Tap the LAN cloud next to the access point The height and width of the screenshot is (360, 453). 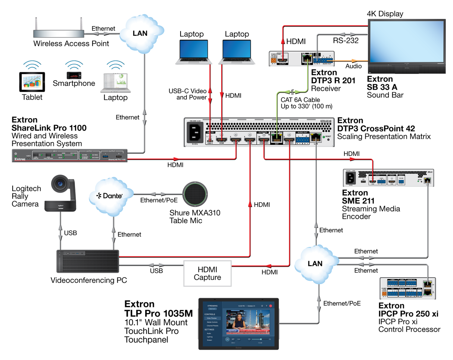[x=140, y=33]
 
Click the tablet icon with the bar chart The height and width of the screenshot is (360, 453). [x=32, y=82]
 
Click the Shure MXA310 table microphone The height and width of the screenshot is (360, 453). [x=195, y=195]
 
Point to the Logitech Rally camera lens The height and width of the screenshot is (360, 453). [x=60, y=184]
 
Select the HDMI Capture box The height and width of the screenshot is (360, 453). [x=207, y=273]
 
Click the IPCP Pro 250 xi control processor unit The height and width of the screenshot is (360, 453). [x=407, y=288]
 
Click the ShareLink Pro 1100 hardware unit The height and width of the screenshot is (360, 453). [x=70, y=155]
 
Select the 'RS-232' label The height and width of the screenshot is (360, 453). [x=346, y=41]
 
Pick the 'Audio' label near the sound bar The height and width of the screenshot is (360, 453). [x=353, y=66]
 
